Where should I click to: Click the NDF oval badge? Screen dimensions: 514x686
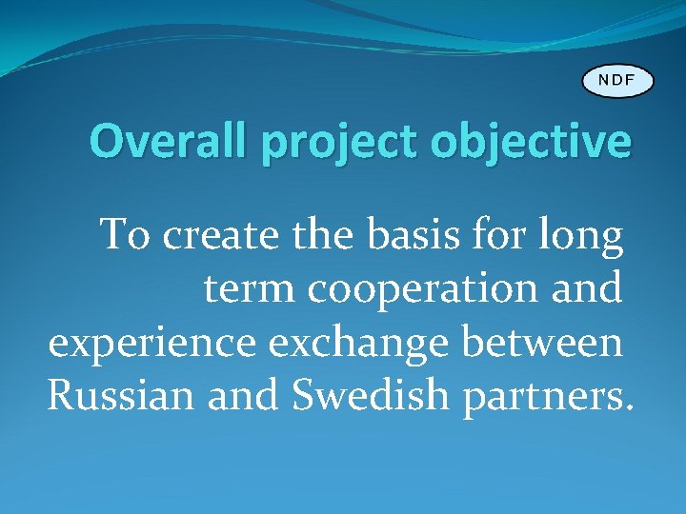pos(618,80)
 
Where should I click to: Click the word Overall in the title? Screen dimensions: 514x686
pos(171,142)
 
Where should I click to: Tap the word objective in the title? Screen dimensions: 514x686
pos(531,143)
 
